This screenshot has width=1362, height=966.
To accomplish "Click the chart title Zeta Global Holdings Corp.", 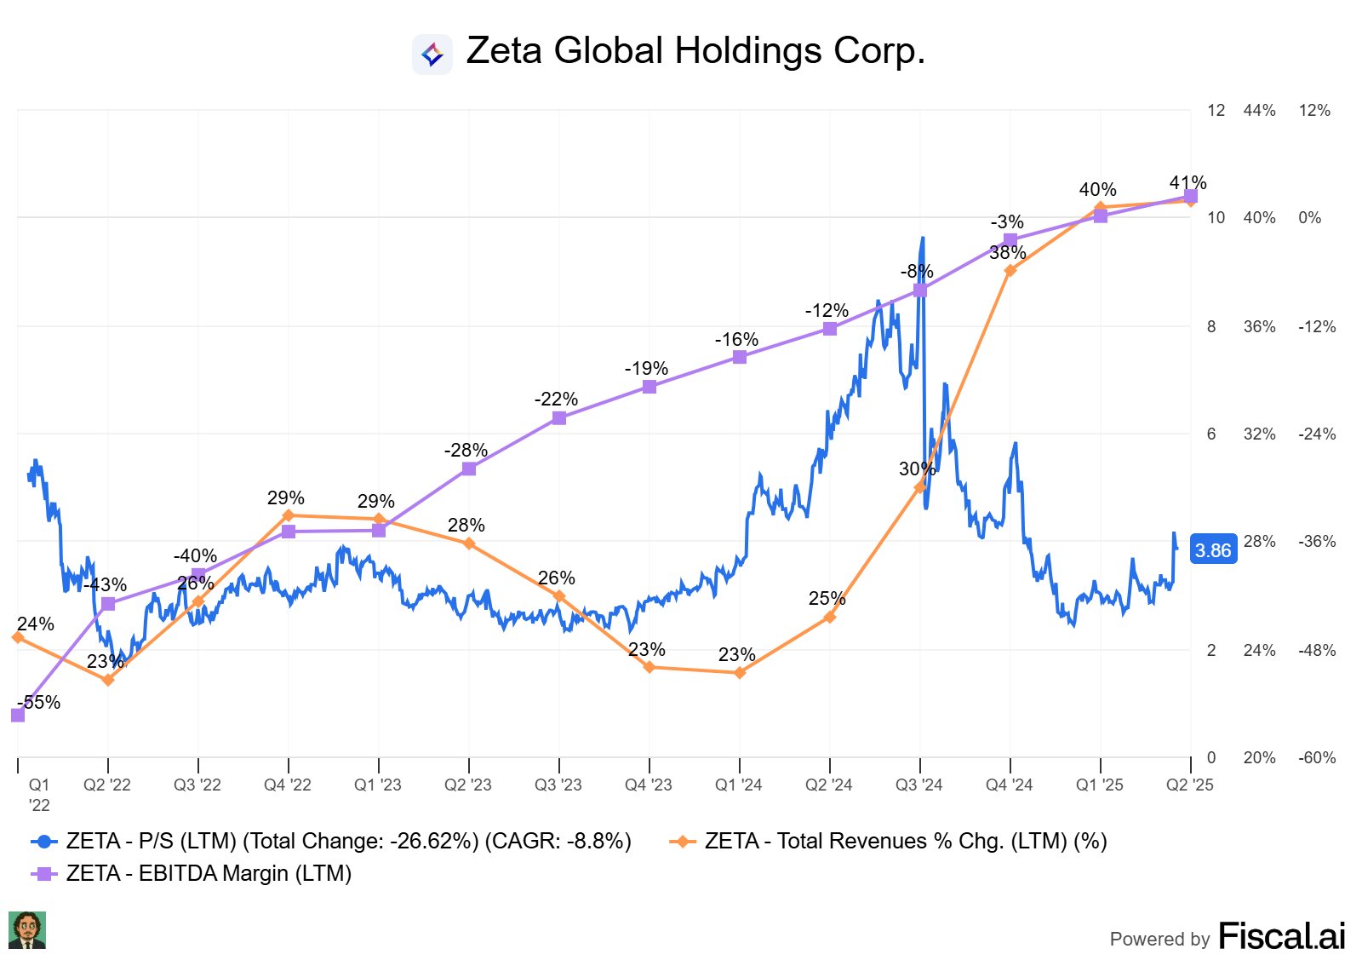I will click(695, 51).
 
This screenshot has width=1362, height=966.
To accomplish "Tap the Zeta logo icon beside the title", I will click(432, 55).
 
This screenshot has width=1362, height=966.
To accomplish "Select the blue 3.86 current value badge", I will click(1212, 550).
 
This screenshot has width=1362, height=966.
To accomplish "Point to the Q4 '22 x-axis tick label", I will click(288, 785).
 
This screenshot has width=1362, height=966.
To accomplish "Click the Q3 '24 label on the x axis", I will click(919, 785).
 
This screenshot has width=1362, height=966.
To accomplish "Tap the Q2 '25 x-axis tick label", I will click(1189, 785).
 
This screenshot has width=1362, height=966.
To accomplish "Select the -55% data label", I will click(40, 703).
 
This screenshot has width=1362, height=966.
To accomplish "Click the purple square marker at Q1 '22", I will click(18, 716).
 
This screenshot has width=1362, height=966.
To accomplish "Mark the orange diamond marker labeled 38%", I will click(1010, 271).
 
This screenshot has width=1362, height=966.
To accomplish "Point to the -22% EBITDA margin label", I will click(557, 400).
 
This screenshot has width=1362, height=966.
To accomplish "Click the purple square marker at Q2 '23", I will click(469, 469).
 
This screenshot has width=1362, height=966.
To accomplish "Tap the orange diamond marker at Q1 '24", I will click(740, 673).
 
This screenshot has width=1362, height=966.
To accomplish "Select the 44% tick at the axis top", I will click(1259, 111).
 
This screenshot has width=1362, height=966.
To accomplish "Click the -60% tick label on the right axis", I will click(1316, 758).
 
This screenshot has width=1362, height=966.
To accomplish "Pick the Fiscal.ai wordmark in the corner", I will click(1282, 936).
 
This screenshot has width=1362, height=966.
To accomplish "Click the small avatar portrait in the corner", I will click(27, 930).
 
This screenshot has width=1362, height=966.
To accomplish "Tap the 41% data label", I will click(1187, 183).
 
